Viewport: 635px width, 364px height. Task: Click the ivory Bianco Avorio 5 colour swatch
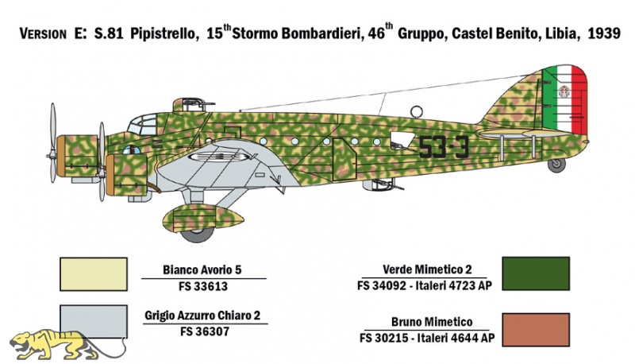[x=94, y=274]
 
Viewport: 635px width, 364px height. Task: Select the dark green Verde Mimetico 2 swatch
[x=536, y=273]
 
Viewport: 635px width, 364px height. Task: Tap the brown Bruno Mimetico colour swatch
[x=536, y=330]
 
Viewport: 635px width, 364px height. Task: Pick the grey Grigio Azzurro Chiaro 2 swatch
[x=94, y=321]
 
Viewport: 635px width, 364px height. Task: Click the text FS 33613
[x=203, y=286]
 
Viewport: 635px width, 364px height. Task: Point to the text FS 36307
[x=205, y=331]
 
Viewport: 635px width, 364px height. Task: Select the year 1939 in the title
[x=603, y=33]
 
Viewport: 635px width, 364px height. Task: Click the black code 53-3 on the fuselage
[x=444, y=147]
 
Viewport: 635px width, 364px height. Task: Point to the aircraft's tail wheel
[x=556, y=165]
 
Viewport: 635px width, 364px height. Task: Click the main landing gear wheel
[x=197, y=234]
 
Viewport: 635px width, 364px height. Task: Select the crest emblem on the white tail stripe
[x=563, y=91]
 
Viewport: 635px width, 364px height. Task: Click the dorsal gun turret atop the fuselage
[x=189, y=105]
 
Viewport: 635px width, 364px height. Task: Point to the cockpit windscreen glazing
[x=143, y=124]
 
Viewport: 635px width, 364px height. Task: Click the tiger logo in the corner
[x=67, y=346]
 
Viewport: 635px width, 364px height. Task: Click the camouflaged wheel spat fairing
[x=203, y=219]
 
